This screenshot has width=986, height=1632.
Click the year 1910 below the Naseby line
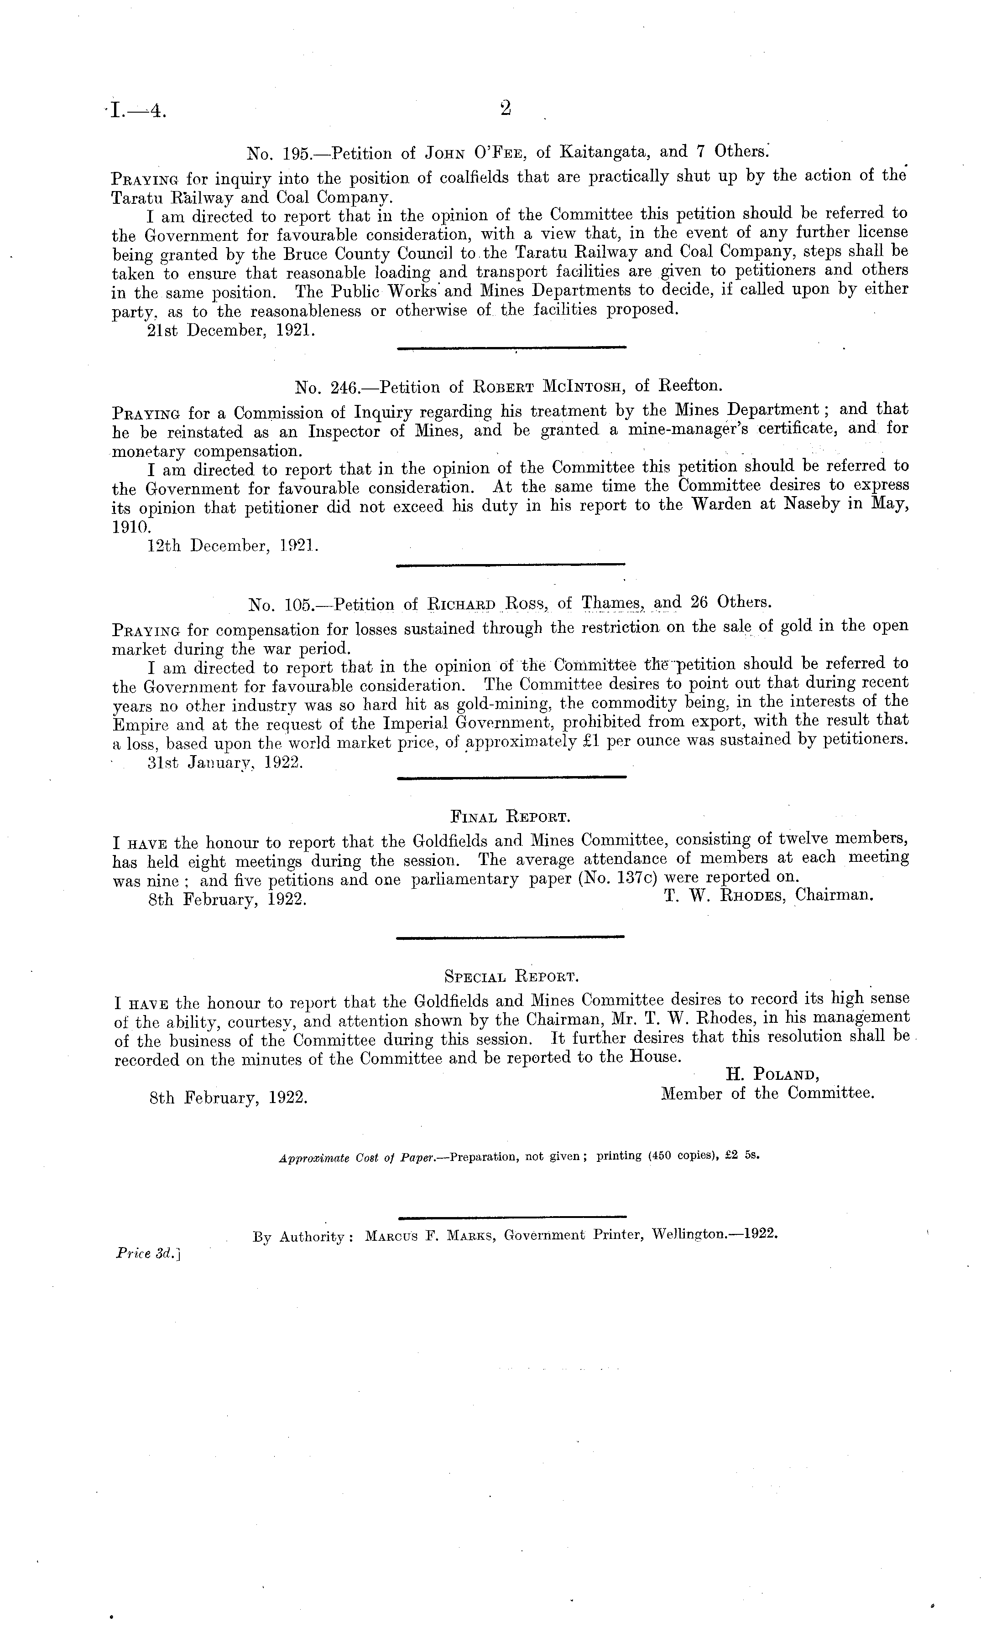132,527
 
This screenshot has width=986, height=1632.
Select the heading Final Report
510,817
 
